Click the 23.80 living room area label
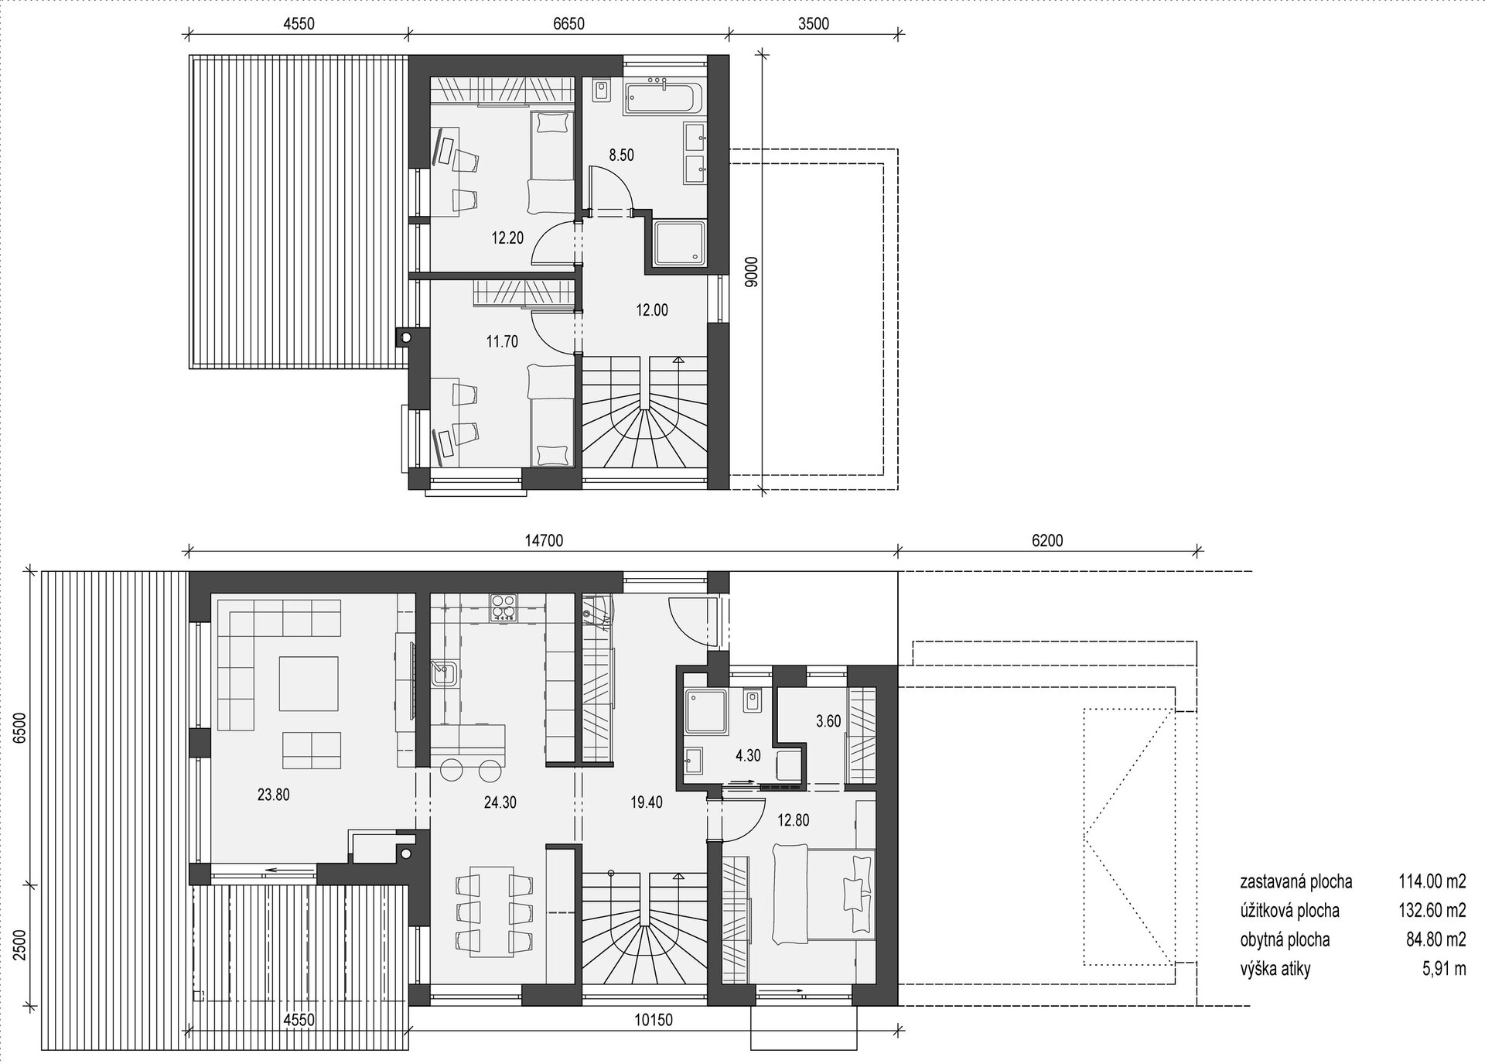click(x=273, y=794)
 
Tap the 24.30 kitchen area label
click(x=500, y=803)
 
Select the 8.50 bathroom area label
click(x=621, y=155)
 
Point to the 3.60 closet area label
click(x=828, y=721)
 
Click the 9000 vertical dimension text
click(x=749, y=272)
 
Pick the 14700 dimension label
click(x=544, y=542)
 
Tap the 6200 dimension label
click(x=1047, y=542)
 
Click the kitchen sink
click(x=444, y=672)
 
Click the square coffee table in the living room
click(x=309, y=683)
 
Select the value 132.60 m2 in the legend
click(x=1432, y=911)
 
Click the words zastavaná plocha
click(x=1296, y=881)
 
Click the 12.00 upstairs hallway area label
click(x=652, y=310)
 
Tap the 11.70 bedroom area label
click(x=502, y=340)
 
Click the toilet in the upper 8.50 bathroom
click(x=602, y=91)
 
